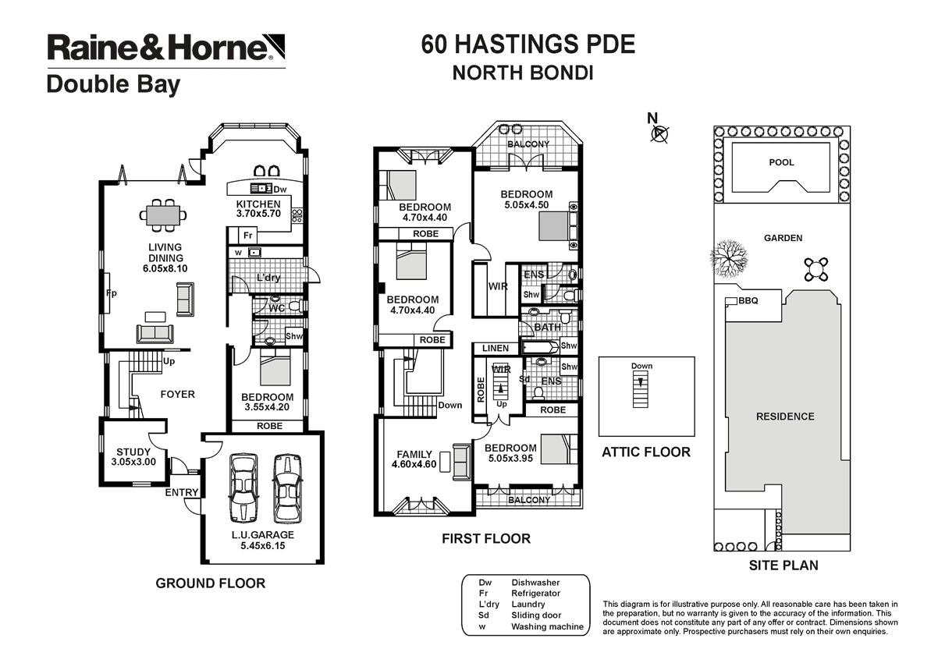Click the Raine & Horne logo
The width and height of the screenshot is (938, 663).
165,48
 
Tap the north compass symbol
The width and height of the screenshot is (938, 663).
661,133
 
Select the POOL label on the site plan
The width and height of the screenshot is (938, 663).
781,163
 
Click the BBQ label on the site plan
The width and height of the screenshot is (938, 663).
748,300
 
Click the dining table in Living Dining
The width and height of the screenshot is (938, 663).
165,212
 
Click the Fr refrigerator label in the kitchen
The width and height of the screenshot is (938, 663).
247,236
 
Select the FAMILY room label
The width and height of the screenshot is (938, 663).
414,454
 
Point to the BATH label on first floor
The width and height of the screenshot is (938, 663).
547,328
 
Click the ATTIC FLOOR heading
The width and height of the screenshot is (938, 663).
645,452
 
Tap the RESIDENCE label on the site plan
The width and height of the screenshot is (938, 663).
784,417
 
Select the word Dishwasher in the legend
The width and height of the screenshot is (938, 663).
536,583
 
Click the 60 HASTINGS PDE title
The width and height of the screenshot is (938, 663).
528,44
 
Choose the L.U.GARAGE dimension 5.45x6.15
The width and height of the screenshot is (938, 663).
261,546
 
